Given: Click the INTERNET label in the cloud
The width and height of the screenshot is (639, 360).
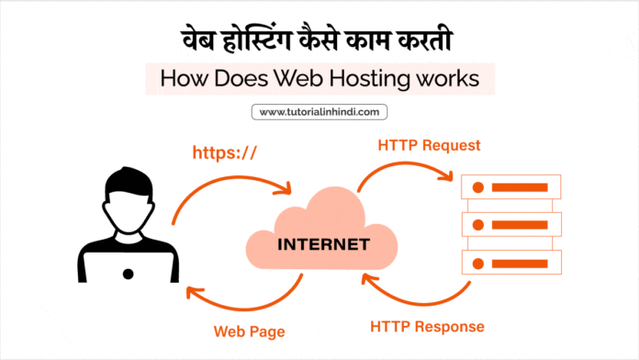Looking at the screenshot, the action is [323, 244].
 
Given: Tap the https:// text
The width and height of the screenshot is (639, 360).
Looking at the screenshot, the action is [225, 152].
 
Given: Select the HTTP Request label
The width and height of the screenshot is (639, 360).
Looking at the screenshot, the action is [429, 145].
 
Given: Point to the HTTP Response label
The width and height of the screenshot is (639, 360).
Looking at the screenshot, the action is [427, 327].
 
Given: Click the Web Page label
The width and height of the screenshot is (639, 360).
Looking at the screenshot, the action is [250, 332].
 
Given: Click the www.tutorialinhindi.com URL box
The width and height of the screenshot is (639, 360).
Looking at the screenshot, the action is [319, 112].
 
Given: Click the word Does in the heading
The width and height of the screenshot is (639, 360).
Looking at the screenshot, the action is [241, 78].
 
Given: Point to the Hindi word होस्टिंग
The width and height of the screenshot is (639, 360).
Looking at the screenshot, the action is [257, 40].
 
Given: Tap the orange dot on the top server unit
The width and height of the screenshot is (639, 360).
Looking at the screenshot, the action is [478, 187].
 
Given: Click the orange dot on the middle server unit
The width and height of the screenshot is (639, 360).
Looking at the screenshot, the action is [478, 225].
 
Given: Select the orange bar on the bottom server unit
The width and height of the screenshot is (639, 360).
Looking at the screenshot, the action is [520, 264].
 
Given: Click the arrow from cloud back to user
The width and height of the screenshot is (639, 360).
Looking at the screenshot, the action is [244, 309].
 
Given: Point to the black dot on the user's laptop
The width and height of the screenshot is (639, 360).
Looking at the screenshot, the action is [128, 274].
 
